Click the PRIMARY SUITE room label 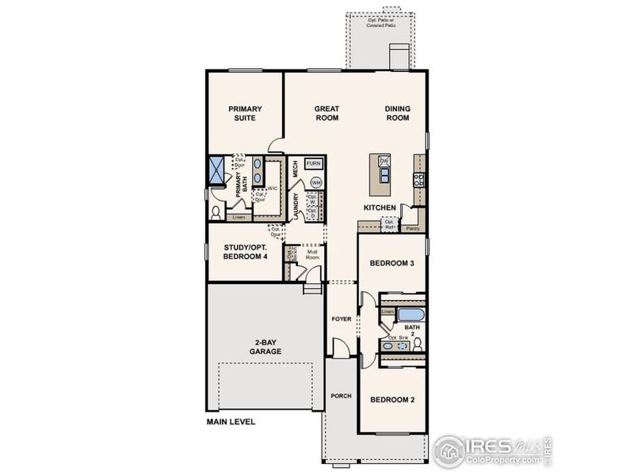click(x=245, y=113)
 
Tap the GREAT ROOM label click(x=327, y=113)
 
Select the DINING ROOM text click(x=397, y=113)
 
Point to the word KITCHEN click(x=380, y=207)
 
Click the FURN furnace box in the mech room click(x=314, y=163)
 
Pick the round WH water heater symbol click(x=316, y=182)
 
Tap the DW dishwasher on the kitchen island click(x=384, y=161)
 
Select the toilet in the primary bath click(x=216, y=212)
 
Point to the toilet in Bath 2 click(x=417, y=344)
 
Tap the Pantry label click(x=412, y=228)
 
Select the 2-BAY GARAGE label click(x=265, y=347)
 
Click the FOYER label click(x=341, y=319)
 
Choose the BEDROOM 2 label click(x=392, y=400)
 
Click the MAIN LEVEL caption click(x=231, y=422)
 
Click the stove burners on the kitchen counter click(x=418, y=179)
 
